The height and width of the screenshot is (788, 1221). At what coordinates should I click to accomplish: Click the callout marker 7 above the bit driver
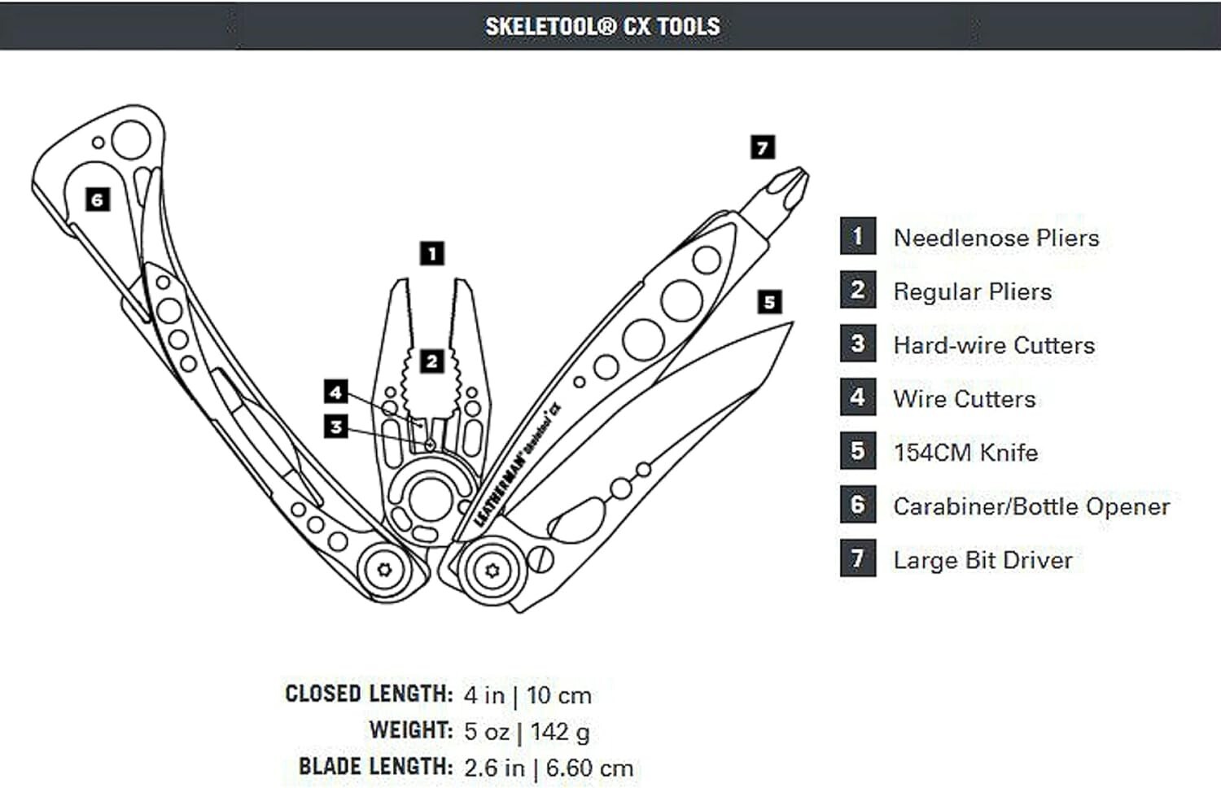click(x=762, y=147)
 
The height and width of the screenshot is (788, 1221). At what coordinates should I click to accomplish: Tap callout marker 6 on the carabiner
click(x=98, y=199)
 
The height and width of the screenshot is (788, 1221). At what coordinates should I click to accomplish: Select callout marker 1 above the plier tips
click(x=432, y=253)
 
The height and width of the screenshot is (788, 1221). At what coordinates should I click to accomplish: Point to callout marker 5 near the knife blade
click(x=769, y=302)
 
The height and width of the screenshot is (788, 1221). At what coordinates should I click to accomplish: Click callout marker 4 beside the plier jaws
click(x=335, y=392)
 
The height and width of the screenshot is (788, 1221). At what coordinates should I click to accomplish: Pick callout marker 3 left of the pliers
click(x=335, y=426)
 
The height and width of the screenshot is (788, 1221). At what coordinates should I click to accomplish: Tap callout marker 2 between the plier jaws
click(x=432, y=361)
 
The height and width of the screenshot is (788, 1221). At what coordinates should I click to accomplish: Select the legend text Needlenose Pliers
click(x=996, y=238)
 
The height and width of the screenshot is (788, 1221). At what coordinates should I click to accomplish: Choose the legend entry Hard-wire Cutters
click(x=993, y=345)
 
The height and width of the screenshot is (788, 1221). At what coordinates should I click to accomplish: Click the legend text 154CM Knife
click(x=965, y=453)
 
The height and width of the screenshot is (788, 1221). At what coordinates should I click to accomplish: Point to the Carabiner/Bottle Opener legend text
click(x=1031, y=506)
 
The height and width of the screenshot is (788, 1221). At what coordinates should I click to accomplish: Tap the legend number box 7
click(x=858, y=558)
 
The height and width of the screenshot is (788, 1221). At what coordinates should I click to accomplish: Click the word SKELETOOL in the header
click(x=542, y=26)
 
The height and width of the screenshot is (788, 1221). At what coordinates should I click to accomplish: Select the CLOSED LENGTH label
click(x=368, y=694)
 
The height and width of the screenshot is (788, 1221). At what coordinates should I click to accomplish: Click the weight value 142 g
click(x=560, y=731)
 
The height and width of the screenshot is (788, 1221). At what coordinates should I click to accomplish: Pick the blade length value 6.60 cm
click(x=589, y=768)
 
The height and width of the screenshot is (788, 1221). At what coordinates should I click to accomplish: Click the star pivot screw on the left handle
click(x=384, y=569)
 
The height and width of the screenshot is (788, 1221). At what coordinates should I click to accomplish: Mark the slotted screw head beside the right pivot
click(x=540, y=559)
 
